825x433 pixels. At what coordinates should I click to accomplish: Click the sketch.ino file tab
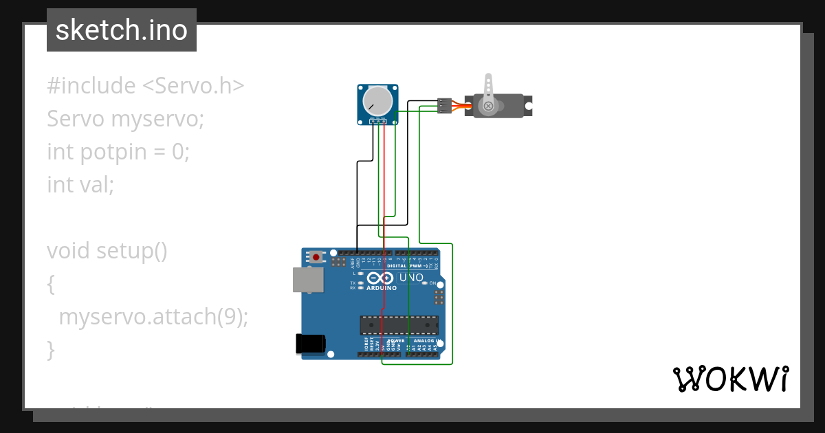[x=121, y=30]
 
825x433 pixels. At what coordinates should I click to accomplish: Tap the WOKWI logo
[x=730, y=379]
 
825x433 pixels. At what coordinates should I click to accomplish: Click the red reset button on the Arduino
[x=316, y=257]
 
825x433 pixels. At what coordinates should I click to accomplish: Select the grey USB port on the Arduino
[x=308, y=280]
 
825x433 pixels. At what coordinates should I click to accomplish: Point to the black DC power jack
[x=309, y=344]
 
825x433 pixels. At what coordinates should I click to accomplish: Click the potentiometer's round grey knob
[x=377, y=101]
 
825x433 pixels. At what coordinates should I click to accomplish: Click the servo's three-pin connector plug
[x=444, y=105]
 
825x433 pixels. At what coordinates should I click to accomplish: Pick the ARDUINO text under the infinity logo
[x=382, y=288]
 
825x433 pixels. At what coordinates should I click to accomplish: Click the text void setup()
[x=107, y=251]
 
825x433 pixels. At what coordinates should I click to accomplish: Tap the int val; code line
[x=80, y=184]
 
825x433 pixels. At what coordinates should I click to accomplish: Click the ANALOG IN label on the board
[x=424, y=341]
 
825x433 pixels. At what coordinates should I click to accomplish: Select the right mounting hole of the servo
[x=528, y=107]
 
